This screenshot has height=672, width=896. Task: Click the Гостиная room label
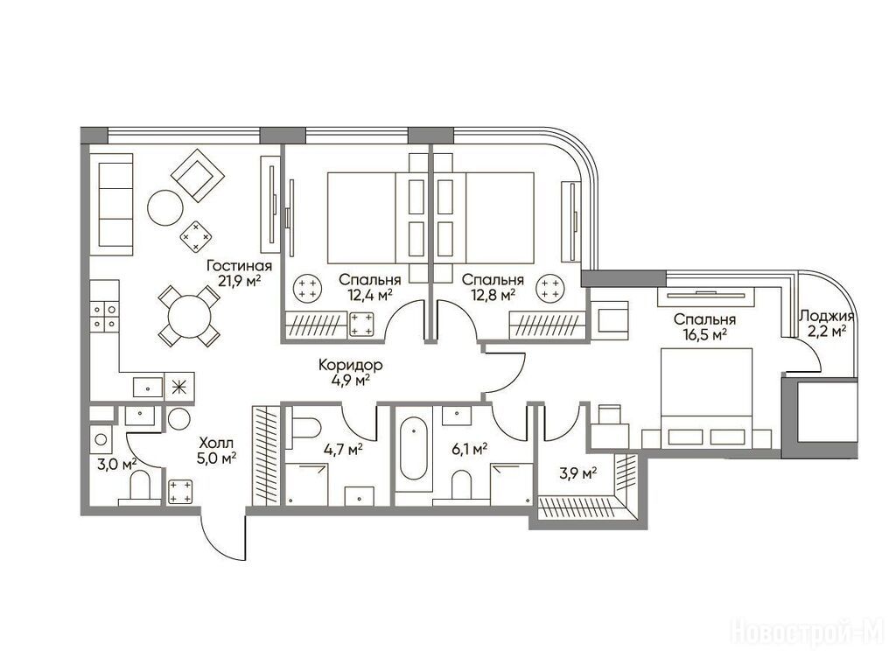239,266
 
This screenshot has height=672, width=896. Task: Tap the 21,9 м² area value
239,280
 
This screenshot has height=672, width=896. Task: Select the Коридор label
350,365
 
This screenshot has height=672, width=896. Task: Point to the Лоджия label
826,317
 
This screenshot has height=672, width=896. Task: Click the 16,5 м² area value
704,333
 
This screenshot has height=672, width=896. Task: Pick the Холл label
216,443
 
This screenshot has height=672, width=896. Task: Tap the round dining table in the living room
189,316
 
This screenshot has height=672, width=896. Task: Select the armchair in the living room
198,175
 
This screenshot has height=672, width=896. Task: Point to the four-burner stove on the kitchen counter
105,317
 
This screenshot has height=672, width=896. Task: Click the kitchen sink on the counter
149,388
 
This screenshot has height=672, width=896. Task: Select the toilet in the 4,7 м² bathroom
304,427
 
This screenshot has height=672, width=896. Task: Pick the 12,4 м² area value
370,295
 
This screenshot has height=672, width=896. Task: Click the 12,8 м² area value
493,295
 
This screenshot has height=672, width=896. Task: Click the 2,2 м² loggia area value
826,331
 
